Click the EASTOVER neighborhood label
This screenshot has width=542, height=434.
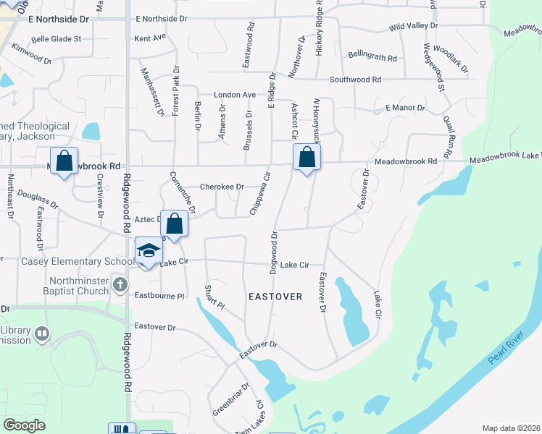pos(275,297)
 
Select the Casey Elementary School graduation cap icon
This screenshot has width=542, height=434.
pos(149,251)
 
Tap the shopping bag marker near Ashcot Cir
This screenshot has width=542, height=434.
pos(307,157)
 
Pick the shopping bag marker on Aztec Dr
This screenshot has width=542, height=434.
pos(174,224)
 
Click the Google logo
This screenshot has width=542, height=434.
pos(24,425)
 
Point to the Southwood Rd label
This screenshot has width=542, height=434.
pos(355,80)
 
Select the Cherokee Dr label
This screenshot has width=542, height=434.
pos(221,187)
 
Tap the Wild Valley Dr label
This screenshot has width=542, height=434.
pos(414,26)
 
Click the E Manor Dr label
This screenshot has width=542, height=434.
pos(404,108)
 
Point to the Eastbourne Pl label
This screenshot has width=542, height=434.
pos(160,296)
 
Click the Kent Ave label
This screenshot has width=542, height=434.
pos(150,36)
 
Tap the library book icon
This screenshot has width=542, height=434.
pos(42,333)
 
